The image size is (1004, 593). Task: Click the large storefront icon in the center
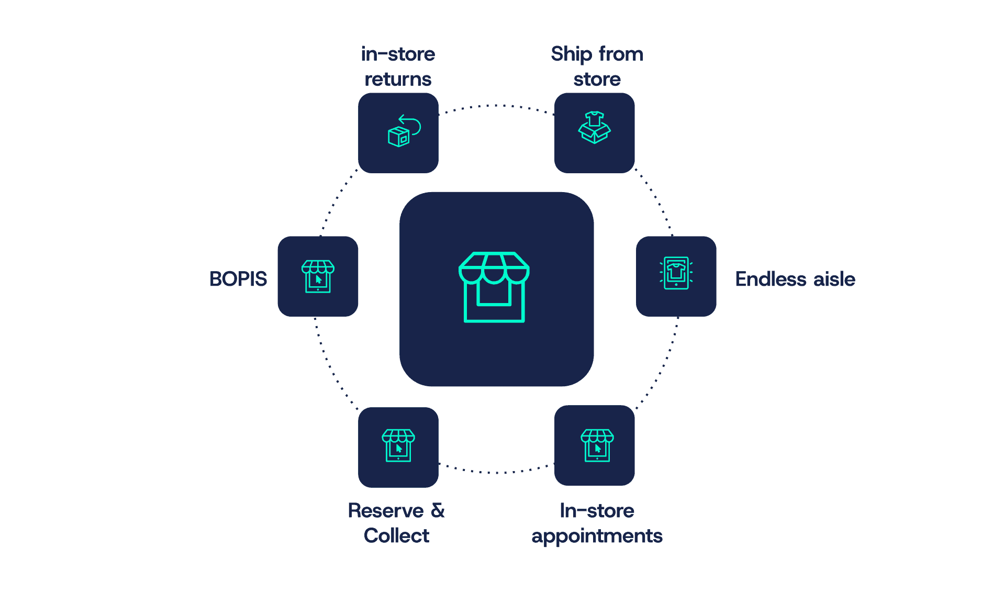(x=494, y=287)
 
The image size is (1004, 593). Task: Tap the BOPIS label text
(x=238, y=279)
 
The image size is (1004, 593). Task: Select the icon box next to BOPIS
(x=318, y=276)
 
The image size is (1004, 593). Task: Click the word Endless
(x=771, y=279)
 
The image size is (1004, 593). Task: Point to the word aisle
(x=834, y=279)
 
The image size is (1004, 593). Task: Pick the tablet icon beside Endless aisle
(x=676, y=273)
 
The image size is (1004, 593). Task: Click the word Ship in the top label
(x=571, y=54)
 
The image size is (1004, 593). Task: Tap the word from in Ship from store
(x=621, y=54)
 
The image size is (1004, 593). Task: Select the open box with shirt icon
(x=594, y=128)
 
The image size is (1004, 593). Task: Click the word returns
(x=398, y=80)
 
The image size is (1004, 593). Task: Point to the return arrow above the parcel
(x=410, y=124)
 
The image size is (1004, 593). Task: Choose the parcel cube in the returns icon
(x=398, y=137)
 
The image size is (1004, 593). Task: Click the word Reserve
(x=386, y=511)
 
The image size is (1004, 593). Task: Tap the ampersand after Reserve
(x=438, y=510)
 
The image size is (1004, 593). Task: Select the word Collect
(x=396, y=536)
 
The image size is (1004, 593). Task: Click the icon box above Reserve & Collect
(x=398, y=447)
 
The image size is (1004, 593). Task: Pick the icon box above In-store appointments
(x=594, y=445)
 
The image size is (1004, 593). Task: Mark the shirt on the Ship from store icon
(x=594, y=119)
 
